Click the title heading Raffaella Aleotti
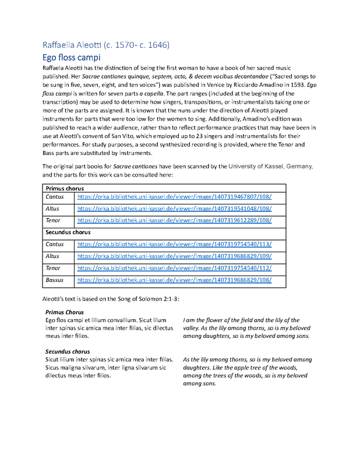[x=106, y=45]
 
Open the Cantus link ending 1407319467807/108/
[x=174, y=197]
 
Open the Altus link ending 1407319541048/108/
[x=174, y=209]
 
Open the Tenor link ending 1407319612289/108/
[x=174, y=221]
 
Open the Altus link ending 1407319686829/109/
[x=174, y=256]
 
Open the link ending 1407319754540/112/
[x=174, y=269]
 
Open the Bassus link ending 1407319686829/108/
[x=174, y=280]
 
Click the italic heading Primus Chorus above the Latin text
[x=64, y=313]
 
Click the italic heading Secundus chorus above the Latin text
[x=67, y=352]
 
